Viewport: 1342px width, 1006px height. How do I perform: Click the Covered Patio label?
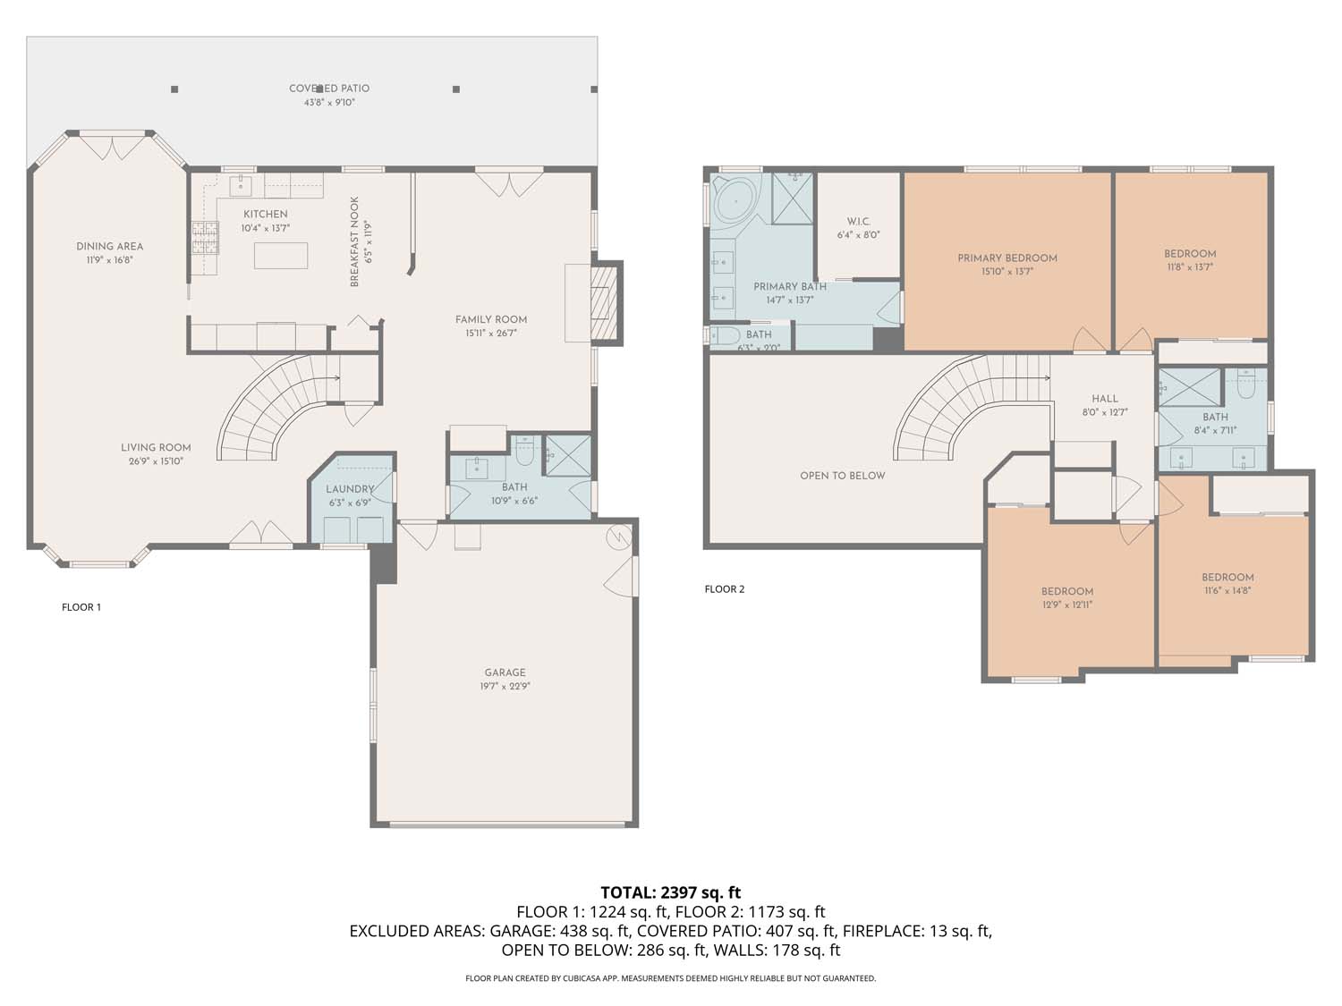tap(328, 89)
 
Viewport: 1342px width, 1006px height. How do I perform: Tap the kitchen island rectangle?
tap(281, 256)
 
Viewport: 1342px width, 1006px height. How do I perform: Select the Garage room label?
tap(505, 672)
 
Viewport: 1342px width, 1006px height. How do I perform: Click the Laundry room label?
tap(349, 489)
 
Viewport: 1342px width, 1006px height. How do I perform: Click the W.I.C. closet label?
tap(859, 222)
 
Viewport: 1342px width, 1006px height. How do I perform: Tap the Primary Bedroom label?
tap(1007, 258)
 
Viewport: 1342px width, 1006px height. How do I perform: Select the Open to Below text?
tap(842, 476)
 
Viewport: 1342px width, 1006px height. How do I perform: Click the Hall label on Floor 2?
tap(1104, 399)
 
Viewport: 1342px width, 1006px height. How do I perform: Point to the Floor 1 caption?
tap(81, 607)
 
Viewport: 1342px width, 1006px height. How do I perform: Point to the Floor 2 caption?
tap(725, 589)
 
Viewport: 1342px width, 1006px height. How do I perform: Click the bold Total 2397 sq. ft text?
tap(670, 892)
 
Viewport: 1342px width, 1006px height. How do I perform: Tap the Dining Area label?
tap(109, 247)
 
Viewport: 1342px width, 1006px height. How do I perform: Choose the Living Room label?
tap(156, 448)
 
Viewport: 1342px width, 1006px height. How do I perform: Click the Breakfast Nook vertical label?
tap(354, 241)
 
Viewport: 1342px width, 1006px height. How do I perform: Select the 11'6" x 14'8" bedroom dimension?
tap(1227, 590)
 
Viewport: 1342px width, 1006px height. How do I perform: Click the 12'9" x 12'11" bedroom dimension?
tap(1066, 604)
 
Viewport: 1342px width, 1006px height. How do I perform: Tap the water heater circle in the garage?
tap(618, 536)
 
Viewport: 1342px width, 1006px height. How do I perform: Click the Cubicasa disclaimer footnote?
tap(670, 978)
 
